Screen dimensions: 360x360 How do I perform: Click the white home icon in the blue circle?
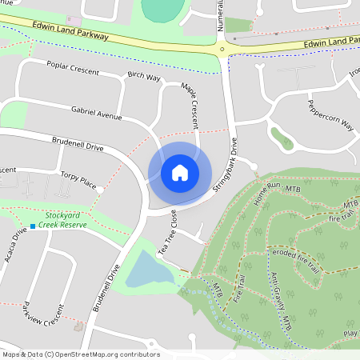pos(180,172)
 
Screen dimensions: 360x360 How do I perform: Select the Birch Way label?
pos(144,78)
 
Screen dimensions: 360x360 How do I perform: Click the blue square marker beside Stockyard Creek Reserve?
pos(33,226)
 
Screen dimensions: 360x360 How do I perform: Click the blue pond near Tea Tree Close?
pos(150,270)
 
